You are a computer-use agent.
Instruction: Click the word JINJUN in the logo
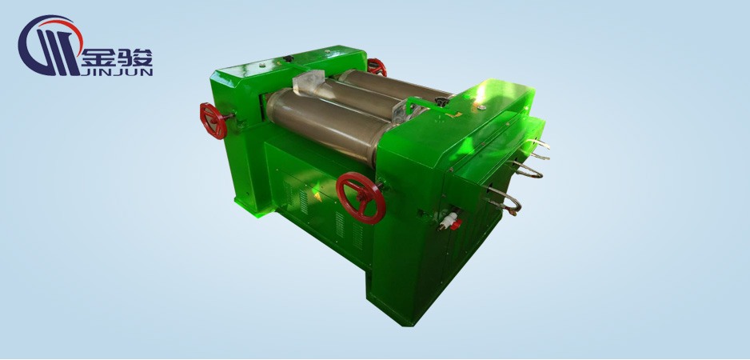click(x=118, y=72)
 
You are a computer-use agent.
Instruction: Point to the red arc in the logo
click(x=62, y=28)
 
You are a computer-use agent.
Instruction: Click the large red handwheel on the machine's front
click(x=361, y=198)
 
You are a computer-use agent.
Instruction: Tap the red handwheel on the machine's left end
click(x=213, y=121)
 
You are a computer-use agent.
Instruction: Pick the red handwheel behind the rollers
click(x=377, y=66)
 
